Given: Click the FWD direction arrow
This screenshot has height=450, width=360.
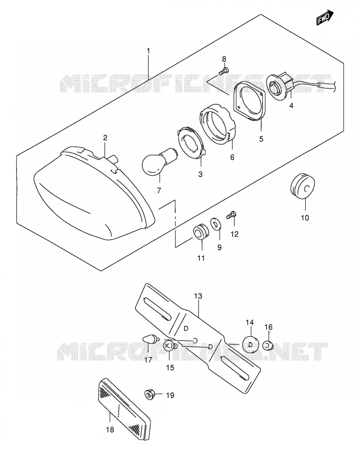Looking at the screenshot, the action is click(x=325, y=17).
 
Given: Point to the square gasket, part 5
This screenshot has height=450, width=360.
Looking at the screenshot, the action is click(x=249, y=101).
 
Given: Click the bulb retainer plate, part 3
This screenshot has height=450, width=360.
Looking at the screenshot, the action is click(x=191, y=142).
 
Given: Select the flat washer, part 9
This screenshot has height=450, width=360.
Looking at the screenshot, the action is click(x=215, y=224).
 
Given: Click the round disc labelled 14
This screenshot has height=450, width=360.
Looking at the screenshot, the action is click(x=250, y=345).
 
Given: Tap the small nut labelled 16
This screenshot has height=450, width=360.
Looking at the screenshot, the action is click(x=268, y=345).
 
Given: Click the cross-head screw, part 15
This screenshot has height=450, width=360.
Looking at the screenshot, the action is click(x=170, y=346).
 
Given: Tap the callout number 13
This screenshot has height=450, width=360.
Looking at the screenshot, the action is click(x=198, y=296).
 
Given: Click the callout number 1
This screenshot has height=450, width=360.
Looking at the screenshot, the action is click(x=149, y=51).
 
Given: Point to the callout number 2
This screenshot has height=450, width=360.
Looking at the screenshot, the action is click(x=105, y=138).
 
